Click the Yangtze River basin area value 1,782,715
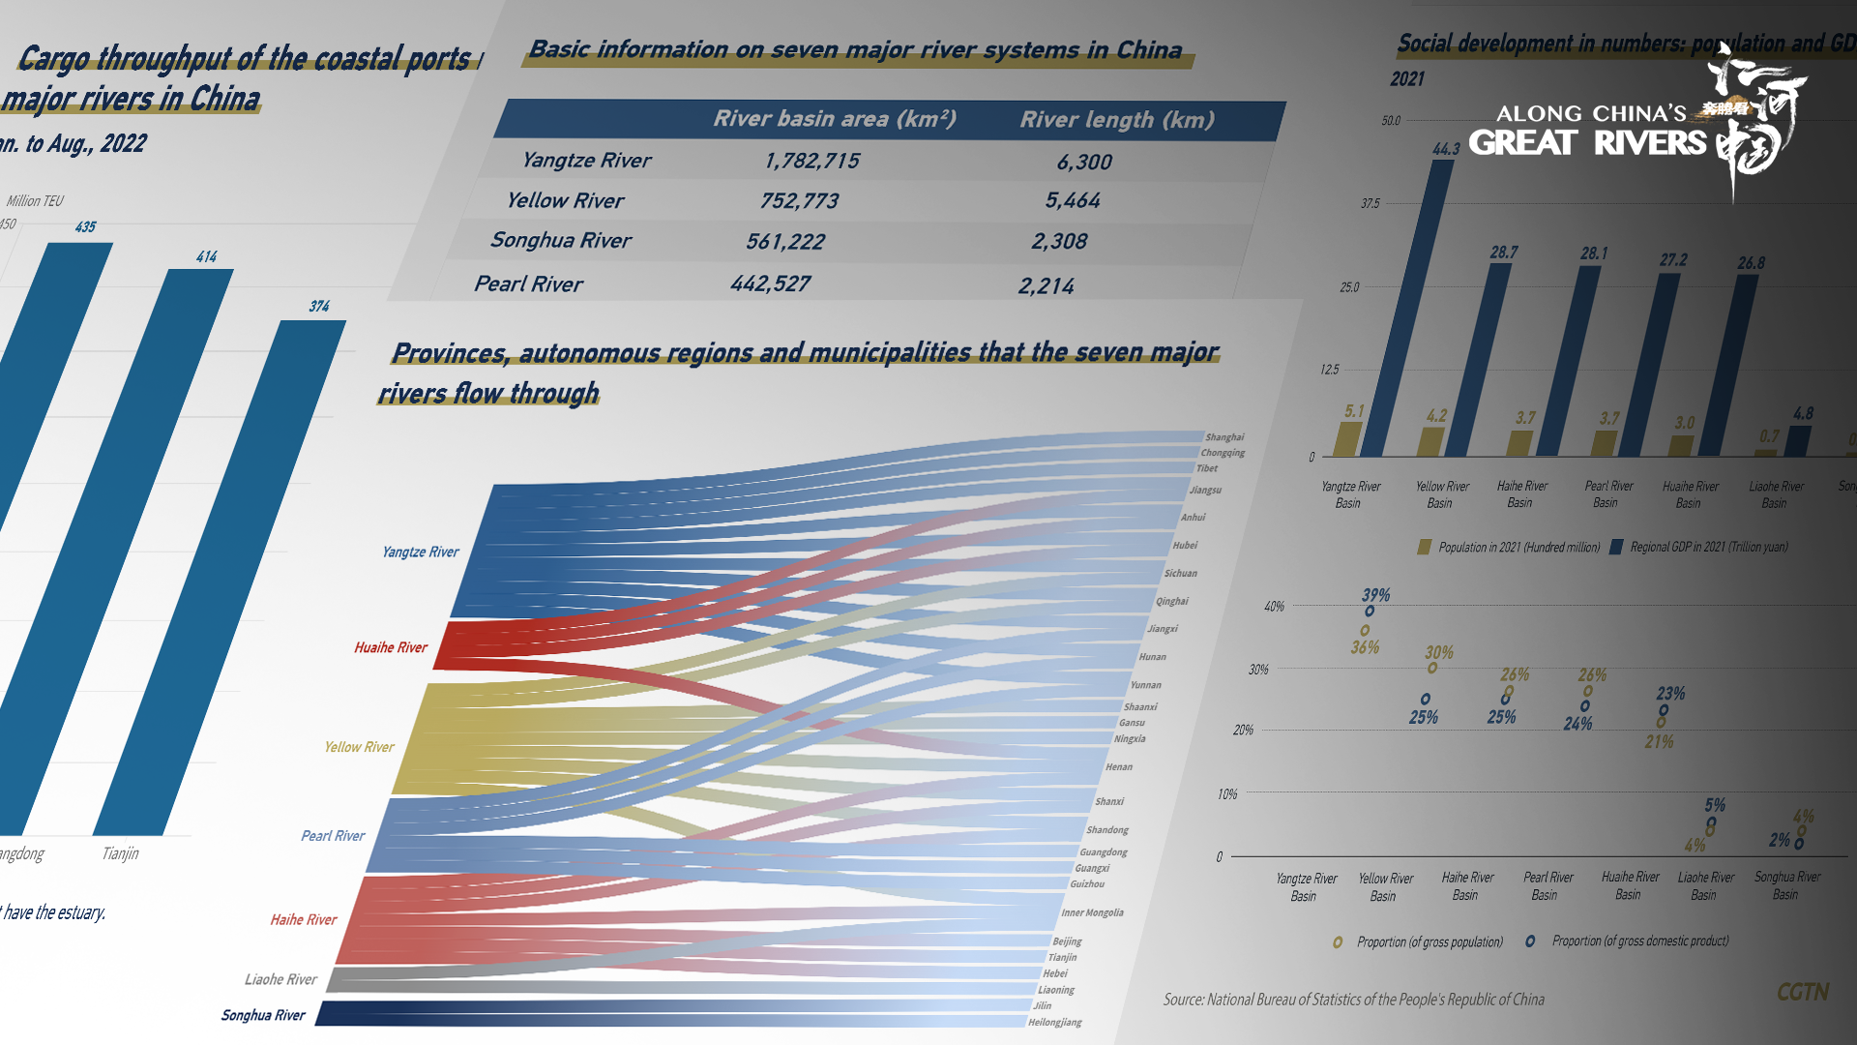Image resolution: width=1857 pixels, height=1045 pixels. coord(811,161)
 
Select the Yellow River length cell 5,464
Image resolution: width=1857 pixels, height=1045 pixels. coord(1073,200)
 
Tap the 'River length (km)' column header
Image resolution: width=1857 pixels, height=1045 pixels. coord(1117,120)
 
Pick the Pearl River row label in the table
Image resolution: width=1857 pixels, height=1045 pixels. coord(528,284)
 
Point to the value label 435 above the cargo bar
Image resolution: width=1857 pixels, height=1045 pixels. coord(85,227)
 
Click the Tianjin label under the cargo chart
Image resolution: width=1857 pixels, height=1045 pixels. coord(120,853)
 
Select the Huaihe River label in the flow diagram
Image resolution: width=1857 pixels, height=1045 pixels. coord(391,647)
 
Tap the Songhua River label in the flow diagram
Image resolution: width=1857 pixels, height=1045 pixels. coord(263,1015)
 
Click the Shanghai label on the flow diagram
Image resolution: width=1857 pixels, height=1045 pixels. coord(1224,437)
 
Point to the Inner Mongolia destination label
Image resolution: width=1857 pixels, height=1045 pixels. coord(1092,912)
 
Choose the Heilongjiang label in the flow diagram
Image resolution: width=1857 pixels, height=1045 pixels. coord(1054,1022)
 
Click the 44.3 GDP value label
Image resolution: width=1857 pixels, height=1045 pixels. coord(1446,149)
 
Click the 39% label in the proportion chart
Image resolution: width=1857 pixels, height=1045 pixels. coord(1375,595)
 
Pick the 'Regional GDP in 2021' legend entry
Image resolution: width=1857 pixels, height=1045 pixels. coord(1708,547)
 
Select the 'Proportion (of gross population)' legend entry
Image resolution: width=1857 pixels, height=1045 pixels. coord(1429,941)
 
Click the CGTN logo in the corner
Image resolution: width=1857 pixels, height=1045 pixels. coord(1803,992)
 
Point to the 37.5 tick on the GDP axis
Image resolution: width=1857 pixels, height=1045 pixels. coord(1370,204)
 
